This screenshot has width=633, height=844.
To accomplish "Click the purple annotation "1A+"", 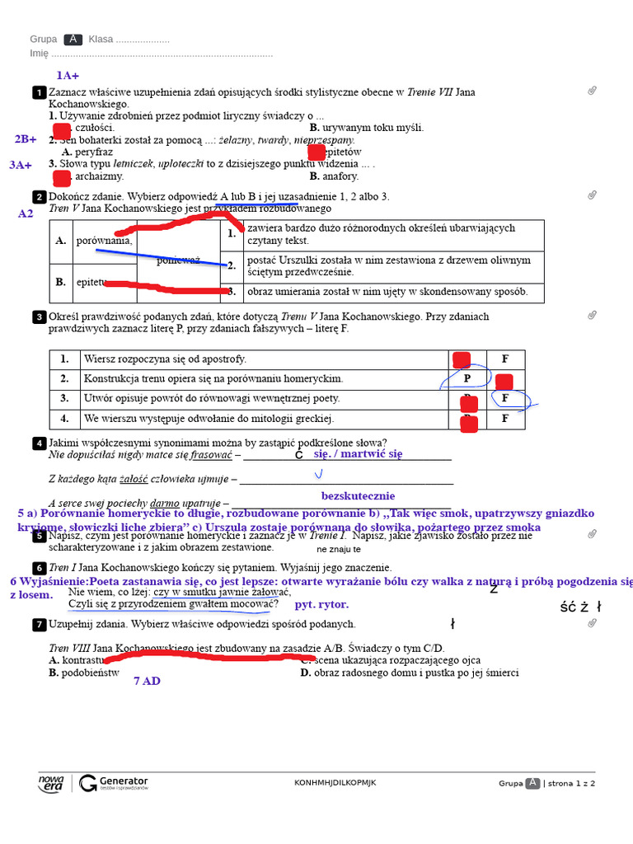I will (68, 76).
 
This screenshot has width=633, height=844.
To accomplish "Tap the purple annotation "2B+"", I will (26, 139).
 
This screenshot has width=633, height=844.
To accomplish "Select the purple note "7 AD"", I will (147, 681).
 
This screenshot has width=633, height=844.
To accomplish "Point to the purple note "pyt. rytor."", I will (321, 604).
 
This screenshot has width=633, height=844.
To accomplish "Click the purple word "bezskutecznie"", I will (358, 496).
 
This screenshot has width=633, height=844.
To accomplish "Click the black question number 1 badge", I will (39, 92).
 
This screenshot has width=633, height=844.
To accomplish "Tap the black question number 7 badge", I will (39, 625).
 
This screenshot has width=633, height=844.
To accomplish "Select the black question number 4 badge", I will (39, 443).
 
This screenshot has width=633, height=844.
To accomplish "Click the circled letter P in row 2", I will (467, 378).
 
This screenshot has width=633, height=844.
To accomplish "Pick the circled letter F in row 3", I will (505, 398).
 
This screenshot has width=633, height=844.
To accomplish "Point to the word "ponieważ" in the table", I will (179, 260).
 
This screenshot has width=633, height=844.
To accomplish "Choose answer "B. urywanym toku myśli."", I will (367, 128).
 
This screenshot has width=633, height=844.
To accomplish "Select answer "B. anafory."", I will (334, 176).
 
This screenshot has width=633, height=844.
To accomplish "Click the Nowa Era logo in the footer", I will (51, 783).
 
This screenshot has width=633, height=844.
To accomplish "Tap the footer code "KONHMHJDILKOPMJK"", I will (335, 783).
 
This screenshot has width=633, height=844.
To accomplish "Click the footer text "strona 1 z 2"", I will (571, 783).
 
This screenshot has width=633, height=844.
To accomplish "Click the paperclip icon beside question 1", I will (592, 91).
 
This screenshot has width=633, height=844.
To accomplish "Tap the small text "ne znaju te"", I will (338, 549).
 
